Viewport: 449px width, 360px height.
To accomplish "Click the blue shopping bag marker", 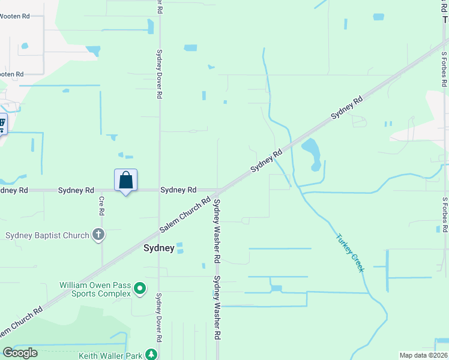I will [x=125, y=181].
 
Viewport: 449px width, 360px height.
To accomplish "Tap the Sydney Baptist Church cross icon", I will [x=98, y=235].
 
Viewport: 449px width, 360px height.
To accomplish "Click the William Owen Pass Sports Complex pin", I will [x=140, y=289].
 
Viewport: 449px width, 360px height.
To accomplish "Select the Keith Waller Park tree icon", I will [x=152, y=355].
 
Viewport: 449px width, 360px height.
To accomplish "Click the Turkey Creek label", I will [x=350, y=253].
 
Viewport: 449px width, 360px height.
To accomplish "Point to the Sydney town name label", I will [x=159, y=248].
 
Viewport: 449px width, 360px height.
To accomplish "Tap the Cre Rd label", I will [x=101, y=206].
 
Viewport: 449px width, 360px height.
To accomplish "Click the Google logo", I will [x=20, y=353].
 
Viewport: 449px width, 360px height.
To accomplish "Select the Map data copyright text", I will [x=424, y=355].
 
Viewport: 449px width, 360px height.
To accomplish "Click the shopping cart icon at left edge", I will [x=2, y=125].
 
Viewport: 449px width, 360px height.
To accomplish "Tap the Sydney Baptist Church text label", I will [x=47, y=235].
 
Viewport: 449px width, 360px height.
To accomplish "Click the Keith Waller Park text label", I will [x=110, y=356].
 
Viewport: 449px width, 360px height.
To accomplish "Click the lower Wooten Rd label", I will [x=11, y=74].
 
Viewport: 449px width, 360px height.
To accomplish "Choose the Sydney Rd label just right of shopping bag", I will [x=178, y=190].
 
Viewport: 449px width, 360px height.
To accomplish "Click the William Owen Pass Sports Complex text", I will [x=95, y=289].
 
